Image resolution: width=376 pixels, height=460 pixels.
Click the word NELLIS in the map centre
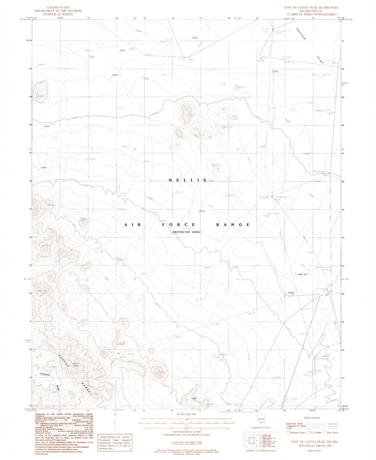(x=187, y=180)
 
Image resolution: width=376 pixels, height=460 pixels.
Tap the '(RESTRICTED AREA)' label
(x=186, y=232)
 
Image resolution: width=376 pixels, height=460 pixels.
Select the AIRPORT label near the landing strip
(x=291, y=293)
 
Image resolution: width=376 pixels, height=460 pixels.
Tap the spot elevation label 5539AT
(x=202, y=211)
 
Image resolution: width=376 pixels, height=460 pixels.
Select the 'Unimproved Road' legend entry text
(x=296, y=426)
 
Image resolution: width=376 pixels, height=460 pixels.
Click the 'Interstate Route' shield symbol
(x=289, y=432)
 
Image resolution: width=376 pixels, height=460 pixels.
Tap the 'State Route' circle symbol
(x=325, y=432)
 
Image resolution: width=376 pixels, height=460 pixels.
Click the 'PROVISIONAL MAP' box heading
(x=114, y=437)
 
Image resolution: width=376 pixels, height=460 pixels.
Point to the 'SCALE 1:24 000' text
(x=184, y=414)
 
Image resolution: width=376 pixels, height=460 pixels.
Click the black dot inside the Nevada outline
(x=261, y=429)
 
